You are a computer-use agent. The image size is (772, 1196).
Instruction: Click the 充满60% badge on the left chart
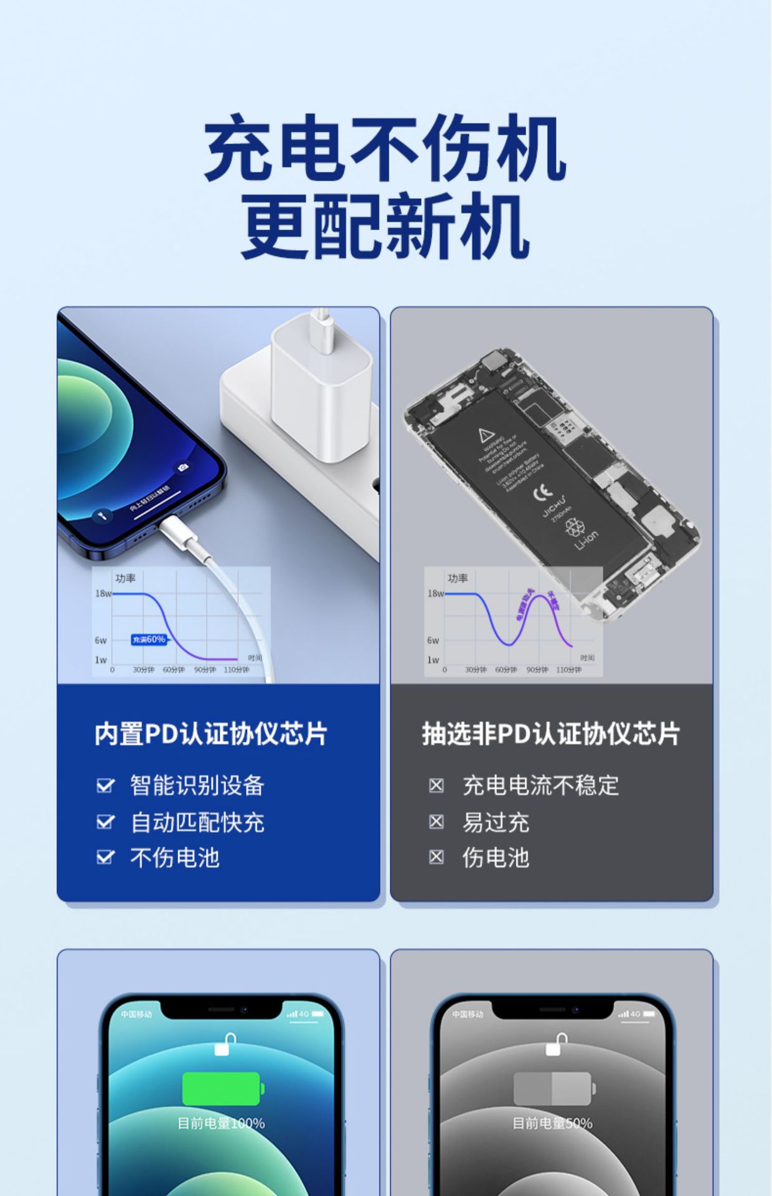[149, 639]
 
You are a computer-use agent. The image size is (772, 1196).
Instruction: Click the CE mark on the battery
[542, 492]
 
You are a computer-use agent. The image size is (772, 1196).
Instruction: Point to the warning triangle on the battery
[486, 434]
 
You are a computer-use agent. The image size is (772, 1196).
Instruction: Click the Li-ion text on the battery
[586, 540]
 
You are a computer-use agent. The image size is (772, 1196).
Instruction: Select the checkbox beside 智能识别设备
[105, 785]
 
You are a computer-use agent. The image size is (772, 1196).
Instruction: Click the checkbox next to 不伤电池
[105, 858]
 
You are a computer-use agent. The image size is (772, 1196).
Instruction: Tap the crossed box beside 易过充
[436, 822]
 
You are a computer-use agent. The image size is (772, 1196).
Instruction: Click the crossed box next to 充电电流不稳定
[436, 785]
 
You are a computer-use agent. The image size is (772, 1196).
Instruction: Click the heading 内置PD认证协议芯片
[210, 734]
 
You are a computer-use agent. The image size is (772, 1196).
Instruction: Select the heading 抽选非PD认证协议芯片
[551, 734]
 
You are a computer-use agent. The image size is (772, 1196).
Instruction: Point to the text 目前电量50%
[552, 1123]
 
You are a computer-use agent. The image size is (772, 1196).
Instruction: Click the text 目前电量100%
[221, 1123]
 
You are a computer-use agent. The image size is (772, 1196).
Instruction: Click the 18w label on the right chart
[435, 594]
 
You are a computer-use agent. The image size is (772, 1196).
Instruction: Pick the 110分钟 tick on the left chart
[237, 670]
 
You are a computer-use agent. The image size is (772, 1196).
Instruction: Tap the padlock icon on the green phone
[225, 1045]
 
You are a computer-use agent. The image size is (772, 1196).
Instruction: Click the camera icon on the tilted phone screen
[182, 467]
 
